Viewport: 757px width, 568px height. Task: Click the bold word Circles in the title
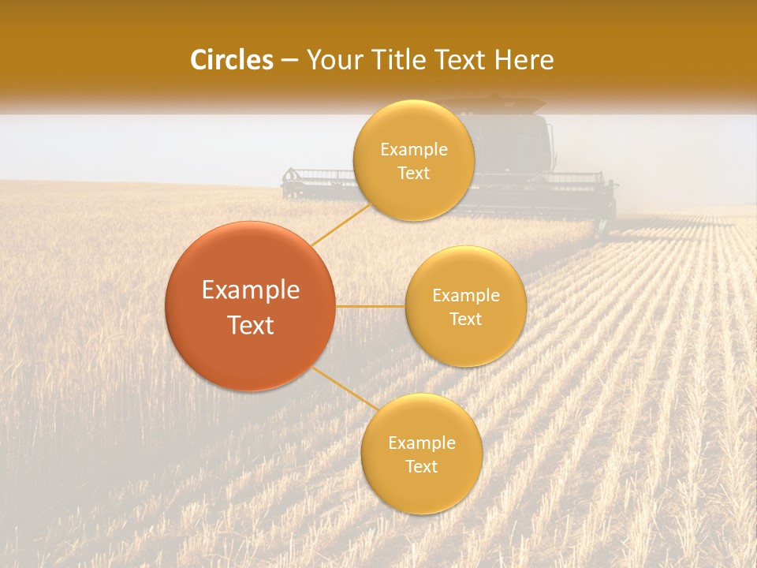point(232,60)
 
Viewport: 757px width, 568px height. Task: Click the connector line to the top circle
point(341,224)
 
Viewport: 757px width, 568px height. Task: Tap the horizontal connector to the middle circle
point(371,306)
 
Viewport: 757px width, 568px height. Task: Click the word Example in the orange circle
point(250,290)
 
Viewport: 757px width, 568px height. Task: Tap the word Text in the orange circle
point(250,325)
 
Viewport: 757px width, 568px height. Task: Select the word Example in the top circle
point(413,150)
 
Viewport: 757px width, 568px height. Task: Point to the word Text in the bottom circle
point(421,466)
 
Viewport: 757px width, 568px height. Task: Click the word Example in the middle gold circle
point(466,296)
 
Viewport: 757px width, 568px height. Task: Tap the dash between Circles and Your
point(289,60)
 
